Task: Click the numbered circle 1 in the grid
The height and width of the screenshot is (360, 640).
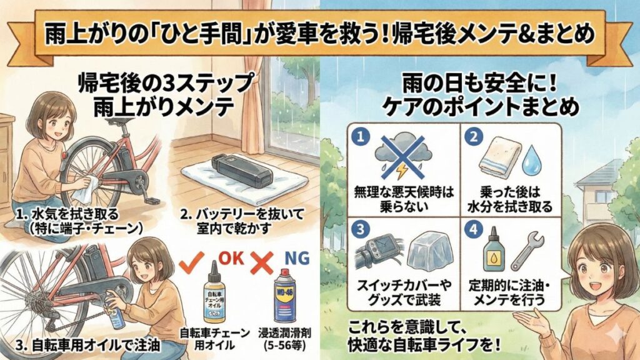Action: coord(357,136)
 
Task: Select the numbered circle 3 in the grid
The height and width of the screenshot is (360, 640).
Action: coord(357,227)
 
